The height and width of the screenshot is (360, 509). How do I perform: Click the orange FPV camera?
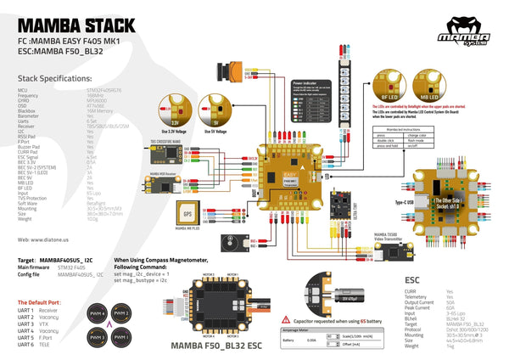[x=229, y=70]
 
